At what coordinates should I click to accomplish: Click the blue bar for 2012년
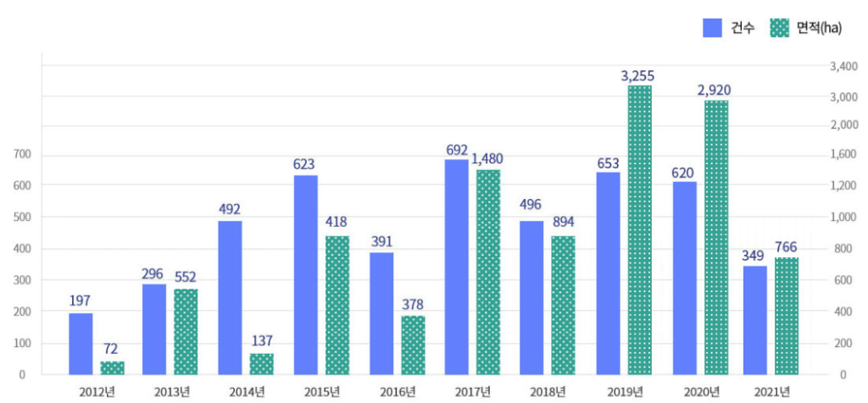pos(81,344)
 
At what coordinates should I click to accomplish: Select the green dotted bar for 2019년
pos(640,230)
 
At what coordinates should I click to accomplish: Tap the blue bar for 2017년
pos(456,267)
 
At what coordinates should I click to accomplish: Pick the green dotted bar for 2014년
pos(262,364)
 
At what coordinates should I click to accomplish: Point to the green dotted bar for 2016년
pos(414,345)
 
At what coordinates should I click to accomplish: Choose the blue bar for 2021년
pos(755,321)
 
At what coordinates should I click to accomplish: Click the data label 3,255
pos(640,75)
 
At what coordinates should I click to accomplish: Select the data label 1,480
pos(487,159)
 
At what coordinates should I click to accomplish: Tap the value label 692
pos(457,150)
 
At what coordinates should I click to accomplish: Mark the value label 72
pos(111,350)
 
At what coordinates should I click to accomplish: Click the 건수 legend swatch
pos(712,28)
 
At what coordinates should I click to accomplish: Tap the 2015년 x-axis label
pos(321,393)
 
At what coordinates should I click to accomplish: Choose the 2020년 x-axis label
pos(702,393)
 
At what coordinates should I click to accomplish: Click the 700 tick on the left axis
pos(19,154)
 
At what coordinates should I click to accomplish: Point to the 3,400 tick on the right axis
pos(844,67)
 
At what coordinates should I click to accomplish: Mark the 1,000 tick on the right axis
pos(844,218)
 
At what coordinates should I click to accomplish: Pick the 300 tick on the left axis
pos(19,280)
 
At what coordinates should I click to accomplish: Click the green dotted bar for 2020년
pos(716,238)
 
